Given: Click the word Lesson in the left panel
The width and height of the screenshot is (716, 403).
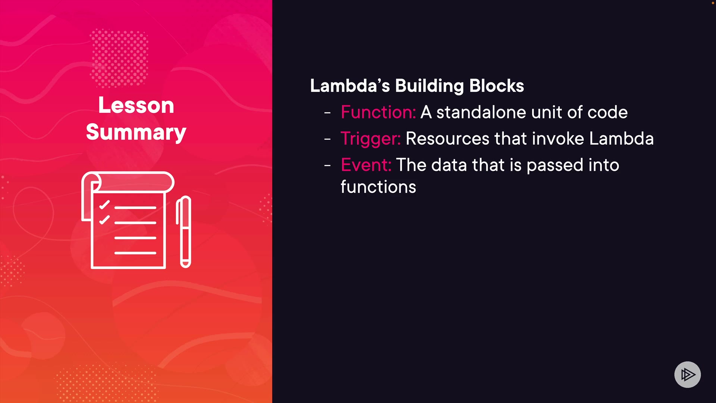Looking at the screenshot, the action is click(x=136, y=105).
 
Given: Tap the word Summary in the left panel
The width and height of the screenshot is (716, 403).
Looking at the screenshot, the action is click(x=136, y=132).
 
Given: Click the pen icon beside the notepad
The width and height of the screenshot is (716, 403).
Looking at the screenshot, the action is click(x=183, y=232).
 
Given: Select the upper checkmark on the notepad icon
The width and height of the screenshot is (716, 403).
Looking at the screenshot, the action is click(x=104, y=205).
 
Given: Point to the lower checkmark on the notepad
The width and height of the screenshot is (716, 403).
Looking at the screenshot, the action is click(x=104, y=220).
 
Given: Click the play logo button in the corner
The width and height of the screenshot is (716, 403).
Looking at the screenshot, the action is click(x=687, y=374).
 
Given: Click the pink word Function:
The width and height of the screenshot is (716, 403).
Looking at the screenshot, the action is click(x=378, y=112).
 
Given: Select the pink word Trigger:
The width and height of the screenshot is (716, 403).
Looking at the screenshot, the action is click(x=370, y=139).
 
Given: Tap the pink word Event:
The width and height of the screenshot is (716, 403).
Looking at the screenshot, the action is click(x=366, y=165).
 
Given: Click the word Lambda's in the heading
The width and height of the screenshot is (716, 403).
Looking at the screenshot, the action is click(x=350, y=86).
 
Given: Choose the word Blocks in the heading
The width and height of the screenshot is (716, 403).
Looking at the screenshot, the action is click(x=497, y=86).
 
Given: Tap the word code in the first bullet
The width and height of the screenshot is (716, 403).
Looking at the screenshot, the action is click(x=607, y=112).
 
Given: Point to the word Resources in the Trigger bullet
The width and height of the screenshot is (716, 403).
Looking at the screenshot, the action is click(x=447, y=138).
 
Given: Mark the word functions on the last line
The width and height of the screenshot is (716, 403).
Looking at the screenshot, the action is click(x=378, y=187).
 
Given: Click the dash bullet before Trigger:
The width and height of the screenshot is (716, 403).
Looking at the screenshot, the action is click(x=327, y=139).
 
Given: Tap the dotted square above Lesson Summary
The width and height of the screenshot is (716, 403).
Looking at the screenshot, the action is click(x=119, y=58).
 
